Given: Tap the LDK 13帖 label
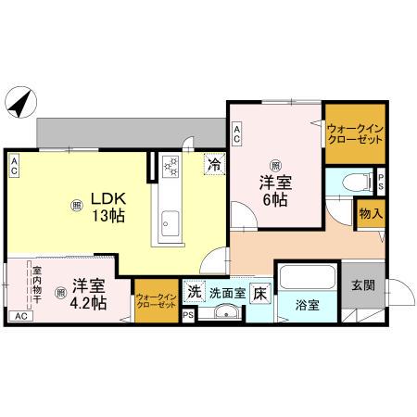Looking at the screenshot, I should point(107,206).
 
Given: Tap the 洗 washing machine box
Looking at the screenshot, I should point(194,291).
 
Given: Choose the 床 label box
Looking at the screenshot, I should point(260,291).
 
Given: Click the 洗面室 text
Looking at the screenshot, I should point(227,291).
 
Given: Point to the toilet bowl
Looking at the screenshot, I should point(351,183).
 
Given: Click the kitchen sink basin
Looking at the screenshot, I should point(171,222).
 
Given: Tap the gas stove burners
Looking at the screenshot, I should point(171,166).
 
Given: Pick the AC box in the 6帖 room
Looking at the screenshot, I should point(237,133).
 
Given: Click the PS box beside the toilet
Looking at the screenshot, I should point(380,182).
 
